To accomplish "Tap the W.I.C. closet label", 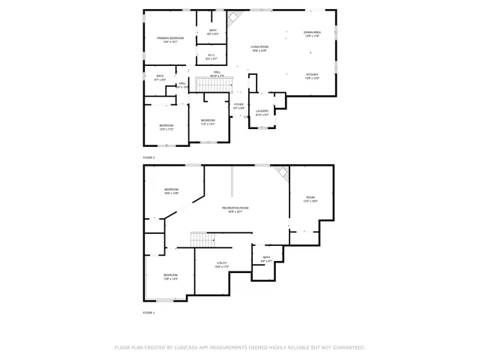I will (211, 56).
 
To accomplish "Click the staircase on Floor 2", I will (211, 84).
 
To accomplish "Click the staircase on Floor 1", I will (203, 240).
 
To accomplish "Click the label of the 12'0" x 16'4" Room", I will (310, 199).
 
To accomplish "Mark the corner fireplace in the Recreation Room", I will (282, 172).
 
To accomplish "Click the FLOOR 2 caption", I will (148, 157).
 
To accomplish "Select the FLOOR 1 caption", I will (148, 312).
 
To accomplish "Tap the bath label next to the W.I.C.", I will (213, 31).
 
